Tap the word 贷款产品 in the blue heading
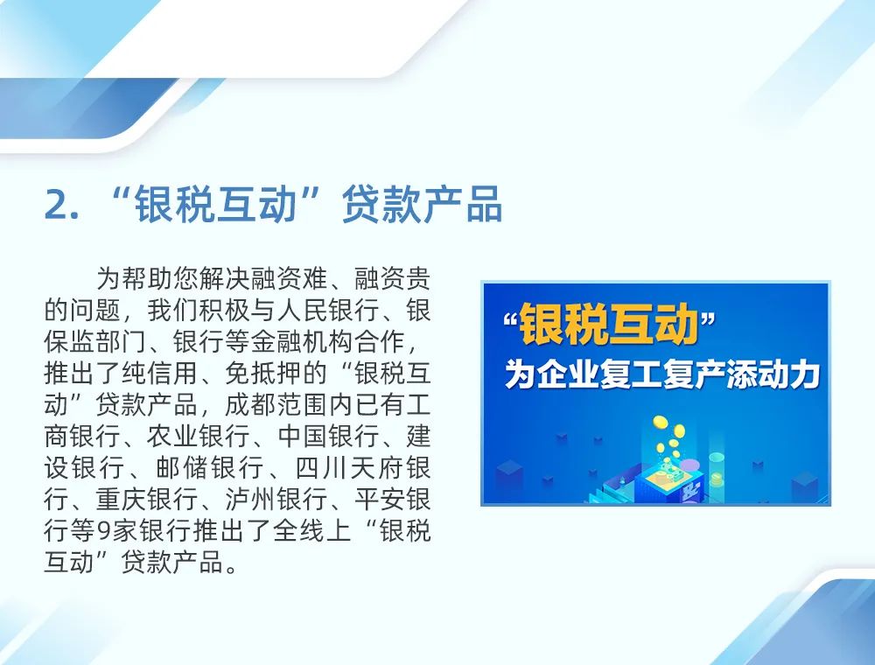(422, 204)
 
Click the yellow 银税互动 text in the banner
(608, 324)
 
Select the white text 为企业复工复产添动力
(661, 374)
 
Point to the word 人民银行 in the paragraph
(327, 310)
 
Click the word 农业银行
(198, 437)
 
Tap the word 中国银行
(328, 437)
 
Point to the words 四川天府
(348, 467)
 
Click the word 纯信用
(159, 374)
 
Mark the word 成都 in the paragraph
(250, 405)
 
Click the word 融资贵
(392, 278)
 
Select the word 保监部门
(94, 342)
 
